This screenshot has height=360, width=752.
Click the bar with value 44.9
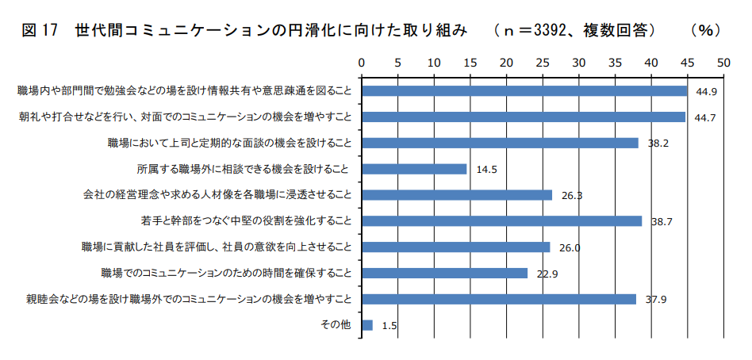[524, 91]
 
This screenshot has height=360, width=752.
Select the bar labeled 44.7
[523, 117]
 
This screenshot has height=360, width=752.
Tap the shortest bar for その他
[366, 325]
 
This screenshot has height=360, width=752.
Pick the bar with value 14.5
[414, 169]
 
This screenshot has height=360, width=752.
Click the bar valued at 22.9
[444, 273]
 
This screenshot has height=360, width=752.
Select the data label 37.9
[655, 300]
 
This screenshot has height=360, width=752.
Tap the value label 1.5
[389, 326]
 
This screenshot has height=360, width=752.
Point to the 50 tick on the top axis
[723, 62]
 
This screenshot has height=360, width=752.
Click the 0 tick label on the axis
[362, 62]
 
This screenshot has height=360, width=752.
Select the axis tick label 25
[543, 62]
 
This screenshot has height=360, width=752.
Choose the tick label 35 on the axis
[615, 62]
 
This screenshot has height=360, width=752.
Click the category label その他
[335, 325]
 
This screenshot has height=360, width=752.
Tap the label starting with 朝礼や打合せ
[185, 117]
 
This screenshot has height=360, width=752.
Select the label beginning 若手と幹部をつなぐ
[246, 221]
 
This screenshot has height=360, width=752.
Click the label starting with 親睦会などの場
[188, 300]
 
